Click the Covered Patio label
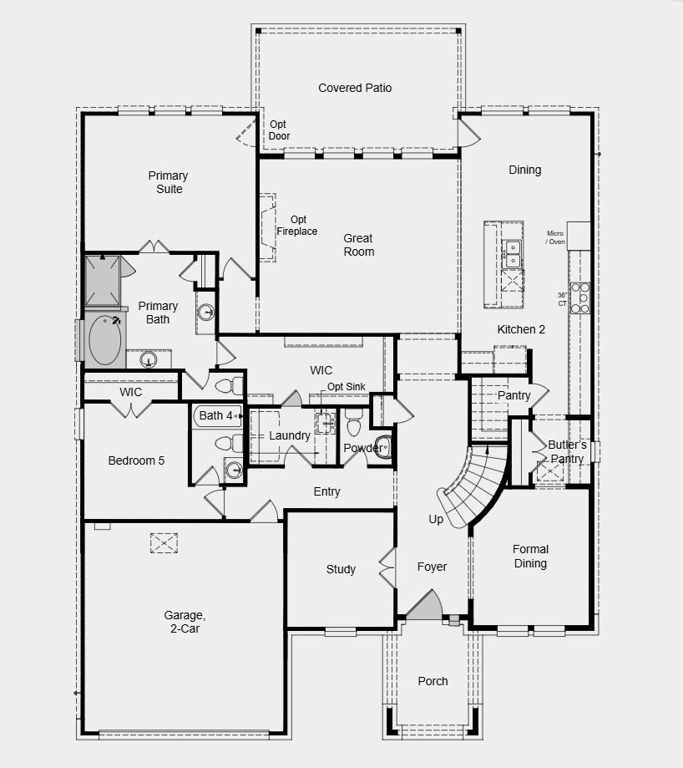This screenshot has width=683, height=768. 355,88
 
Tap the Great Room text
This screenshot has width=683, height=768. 358,245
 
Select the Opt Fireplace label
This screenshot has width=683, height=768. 297,226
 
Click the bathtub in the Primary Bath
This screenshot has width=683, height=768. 104,341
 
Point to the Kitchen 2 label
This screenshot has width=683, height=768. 521,329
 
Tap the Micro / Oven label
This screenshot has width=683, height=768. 555,238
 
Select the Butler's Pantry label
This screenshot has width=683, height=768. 568,451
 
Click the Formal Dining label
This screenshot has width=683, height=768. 530,556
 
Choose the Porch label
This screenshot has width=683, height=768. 433,681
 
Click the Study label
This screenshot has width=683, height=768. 341,569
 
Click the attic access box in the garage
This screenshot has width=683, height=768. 164,543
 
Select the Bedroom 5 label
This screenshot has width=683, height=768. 136,460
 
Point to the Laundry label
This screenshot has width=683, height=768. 290,435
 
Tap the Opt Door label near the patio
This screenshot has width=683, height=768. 279,130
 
